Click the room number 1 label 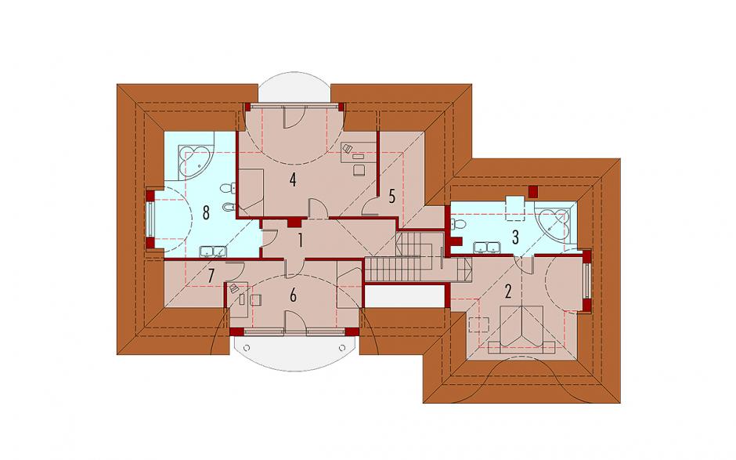[x=299, y=240]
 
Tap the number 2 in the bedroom [x=507, y=292]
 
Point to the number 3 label [x=515, y=237]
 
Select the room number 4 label [x=293, y=179]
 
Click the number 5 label [x=392, y=197]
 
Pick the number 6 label [x=293, y=295]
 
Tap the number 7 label [x=211, y=276]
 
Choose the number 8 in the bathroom [x=206, y=213]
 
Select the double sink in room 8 [x=213, y=252]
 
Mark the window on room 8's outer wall [x=150, y=219]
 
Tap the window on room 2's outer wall [x=586, y=281]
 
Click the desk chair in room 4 [x=359, y=169]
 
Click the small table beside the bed [x=478, y=324]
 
